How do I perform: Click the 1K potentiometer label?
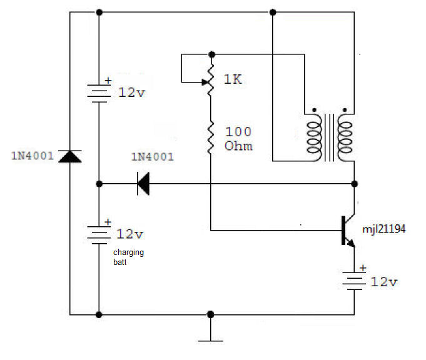click(x=233, y=79)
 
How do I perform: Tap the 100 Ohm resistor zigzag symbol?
click(x=211, y=137)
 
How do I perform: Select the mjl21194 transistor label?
click(x=384, y=229)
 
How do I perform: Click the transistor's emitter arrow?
click(x=351, y=243)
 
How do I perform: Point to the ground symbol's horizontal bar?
click(x=211, y=341)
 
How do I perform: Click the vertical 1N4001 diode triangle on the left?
click(x=70, y=156)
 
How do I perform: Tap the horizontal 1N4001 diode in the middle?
click(x=143, y=184)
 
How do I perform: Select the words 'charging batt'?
click(x=128, y=257)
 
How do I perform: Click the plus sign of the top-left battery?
click(x=108, y=81)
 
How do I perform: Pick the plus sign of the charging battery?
click(x=108, y=222)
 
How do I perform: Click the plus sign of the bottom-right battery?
click(x=363, y=268)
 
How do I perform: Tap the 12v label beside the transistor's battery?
click(x=383, y=282)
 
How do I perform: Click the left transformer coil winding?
click(x=314, y=137)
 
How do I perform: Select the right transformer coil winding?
click(x=345, y=137)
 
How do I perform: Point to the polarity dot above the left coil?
click(x=314, y=110)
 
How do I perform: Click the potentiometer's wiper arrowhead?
click(x=205, y=82)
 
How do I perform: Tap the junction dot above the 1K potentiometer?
click(x=211, y=54)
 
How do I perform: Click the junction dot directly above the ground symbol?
click(x=210, y=314)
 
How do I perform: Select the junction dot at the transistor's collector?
click(x=354, y=184)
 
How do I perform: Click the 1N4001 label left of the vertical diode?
click(x=33, y=156)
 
